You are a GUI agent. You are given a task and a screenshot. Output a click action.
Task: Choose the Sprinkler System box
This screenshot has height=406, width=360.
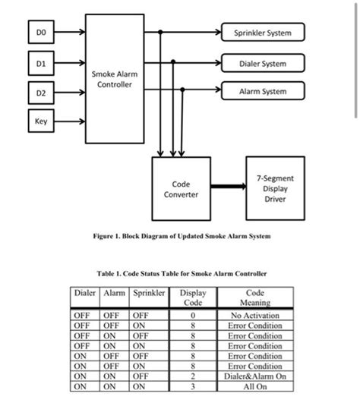click(x=263, y=33)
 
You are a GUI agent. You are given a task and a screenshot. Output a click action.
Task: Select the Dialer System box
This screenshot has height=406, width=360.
click(x=263, y=64)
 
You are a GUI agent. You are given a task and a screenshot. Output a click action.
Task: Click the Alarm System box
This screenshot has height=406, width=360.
click(x=263, y=92)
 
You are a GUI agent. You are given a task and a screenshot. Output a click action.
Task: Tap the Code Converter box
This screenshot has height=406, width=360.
click(x=181, y=189)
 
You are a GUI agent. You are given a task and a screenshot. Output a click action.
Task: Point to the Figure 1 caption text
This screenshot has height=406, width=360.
click(x=179, y=236)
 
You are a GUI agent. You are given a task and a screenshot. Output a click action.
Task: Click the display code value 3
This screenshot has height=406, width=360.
click(x=193, y=386)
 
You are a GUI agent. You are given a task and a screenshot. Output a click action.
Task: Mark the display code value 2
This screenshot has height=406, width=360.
click(x=193, y=376)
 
